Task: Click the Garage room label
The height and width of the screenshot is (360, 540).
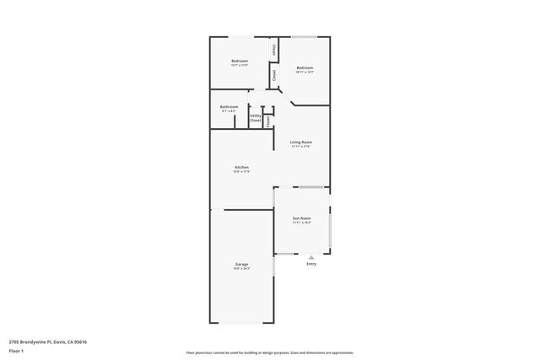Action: click(241, 264)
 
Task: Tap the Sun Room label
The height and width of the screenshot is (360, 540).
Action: click(301, 218)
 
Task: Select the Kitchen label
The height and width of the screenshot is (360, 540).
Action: click(241, 168)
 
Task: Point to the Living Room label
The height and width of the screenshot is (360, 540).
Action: click(301, 142)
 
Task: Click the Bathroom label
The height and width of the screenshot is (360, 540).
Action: click(229, 107)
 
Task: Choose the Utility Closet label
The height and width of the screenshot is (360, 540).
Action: click(255, 119)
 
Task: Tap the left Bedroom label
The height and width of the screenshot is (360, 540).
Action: click(240, 62)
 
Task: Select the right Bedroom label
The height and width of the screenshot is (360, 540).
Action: click(305, 68)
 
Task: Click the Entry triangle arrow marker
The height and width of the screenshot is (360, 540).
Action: click(311, 257)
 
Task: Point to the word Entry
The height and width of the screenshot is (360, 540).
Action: click(311, 264)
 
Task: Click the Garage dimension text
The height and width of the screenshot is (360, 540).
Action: click(241, 269)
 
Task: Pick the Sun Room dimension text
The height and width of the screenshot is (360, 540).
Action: click(301, 223)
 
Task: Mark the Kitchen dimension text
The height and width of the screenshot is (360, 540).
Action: click(241, 173)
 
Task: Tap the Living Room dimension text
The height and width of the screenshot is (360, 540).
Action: click(301, 148)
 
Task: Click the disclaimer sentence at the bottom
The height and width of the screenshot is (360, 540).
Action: click(269, 352)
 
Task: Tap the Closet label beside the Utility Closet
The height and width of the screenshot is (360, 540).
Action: click(267, 121)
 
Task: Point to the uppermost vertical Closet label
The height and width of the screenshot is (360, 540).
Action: click(274, 51)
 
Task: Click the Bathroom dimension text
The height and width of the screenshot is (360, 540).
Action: click(229, 112)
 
